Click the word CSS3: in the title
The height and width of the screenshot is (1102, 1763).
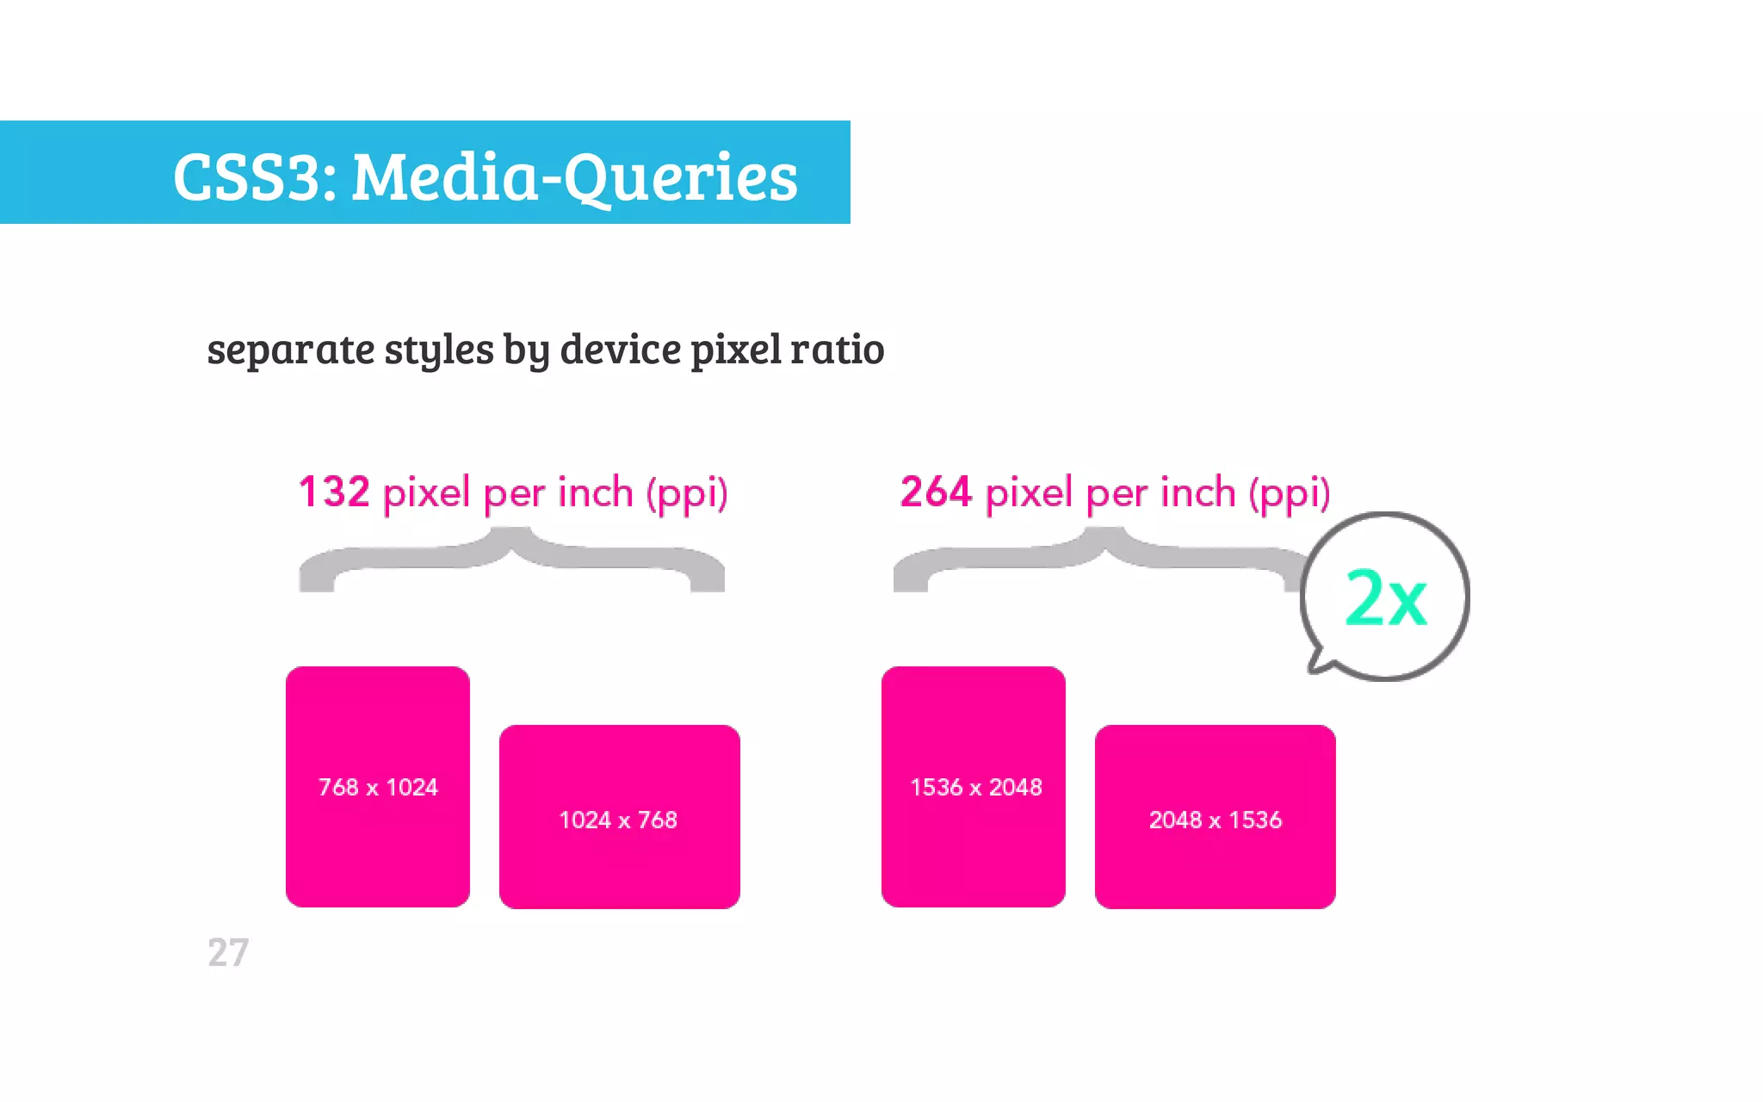(x=255, y=177)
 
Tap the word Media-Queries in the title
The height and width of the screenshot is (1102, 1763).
(x=574, y=177)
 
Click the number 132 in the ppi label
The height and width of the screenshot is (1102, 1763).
(x=334, y=492)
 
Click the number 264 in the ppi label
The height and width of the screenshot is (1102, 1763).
(x=936, y=492)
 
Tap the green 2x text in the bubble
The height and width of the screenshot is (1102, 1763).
(x=1385, y=597)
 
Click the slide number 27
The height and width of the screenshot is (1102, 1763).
(x=228, y=953)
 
